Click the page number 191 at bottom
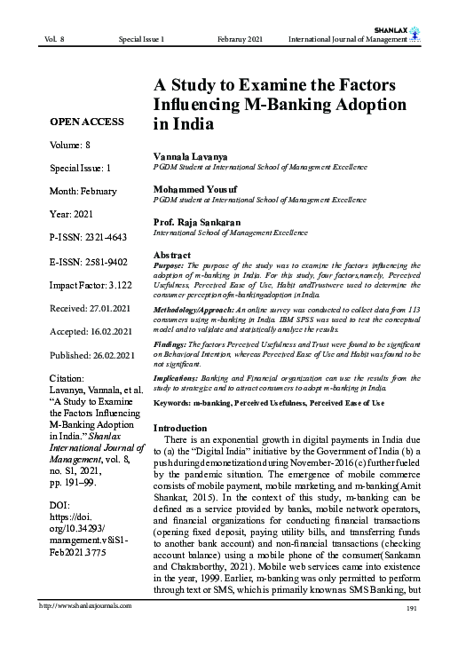click(x=411, y=632)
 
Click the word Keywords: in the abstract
click(x=177, y=403)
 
